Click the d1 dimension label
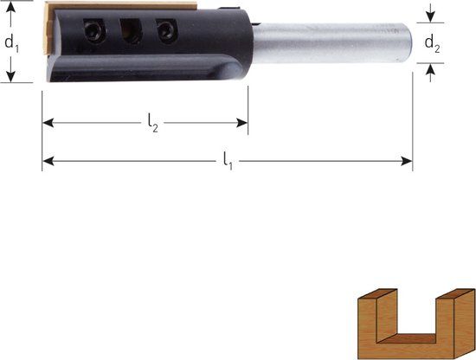pyautogui.click(x=11, y=43)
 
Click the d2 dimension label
pyautogui.click(x=432, y=44)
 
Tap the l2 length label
pyautogui.click(x=153, y=123)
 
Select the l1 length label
pyautogui.click(x=228, y=161)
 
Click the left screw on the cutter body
pyautogui.click(x=93, y=30)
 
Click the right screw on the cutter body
pyautogui.click(x=166, y=29)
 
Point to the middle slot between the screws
pyautogui.click(x=131, y=30)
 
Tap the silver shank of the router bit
pyautogui.click(x=331, y=43)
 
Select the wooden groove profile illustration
pyautogui.click(x=416, y=324)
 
